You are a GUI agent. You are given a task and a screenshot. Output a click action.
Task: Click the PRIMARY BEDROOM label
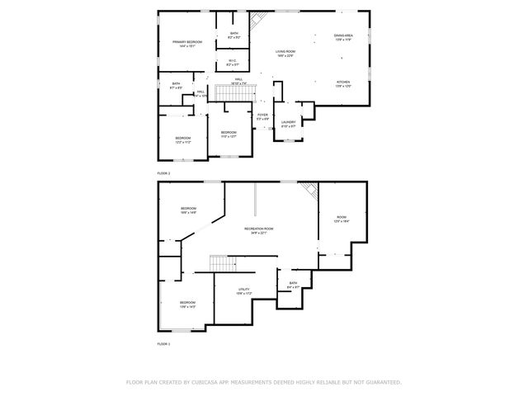click(x=187, y=41)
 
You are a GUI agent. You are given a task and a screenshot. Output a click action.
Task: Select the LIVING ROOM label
click(x=285, y=52)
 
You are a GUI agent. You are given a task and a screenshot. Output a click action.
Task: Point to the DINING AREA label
click(x=344, y=36)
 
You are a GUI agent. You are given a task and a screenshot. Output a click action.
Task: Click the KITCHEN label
click(x=343, y=82)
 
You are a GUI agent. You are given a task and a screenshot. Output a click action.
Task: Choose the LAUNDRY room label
click(x=289, y=124)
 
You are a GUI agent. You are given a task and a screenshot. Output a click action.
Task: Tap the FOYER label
click(x=262, y=115)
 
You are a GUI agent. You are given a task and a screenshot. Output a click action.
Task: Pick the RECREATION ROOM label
click(x=258, y=229)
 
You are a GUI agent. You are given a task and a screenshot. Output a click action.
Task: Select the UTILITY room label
click(x=243, y=289)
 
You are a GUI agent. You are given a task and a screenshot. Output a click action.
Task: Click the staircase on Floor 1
click(x=224, y=263)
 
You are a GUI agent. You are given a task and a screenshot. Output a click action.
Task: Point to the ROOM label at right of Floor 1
click(x=341, y=218)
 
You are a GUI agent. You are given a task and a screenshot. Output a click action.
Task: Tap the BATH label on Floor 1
click(x=293, y=283)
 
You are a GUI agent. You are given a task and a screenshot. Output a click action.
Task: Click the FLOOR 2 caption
click(x=163, y=173)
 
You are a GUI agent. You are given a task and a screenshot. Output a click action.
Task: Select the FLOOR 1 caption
click(x=163, y=342)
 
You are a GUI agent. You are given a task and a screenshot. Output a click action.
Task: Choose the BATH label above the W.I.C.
click(x=234, y=33)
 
